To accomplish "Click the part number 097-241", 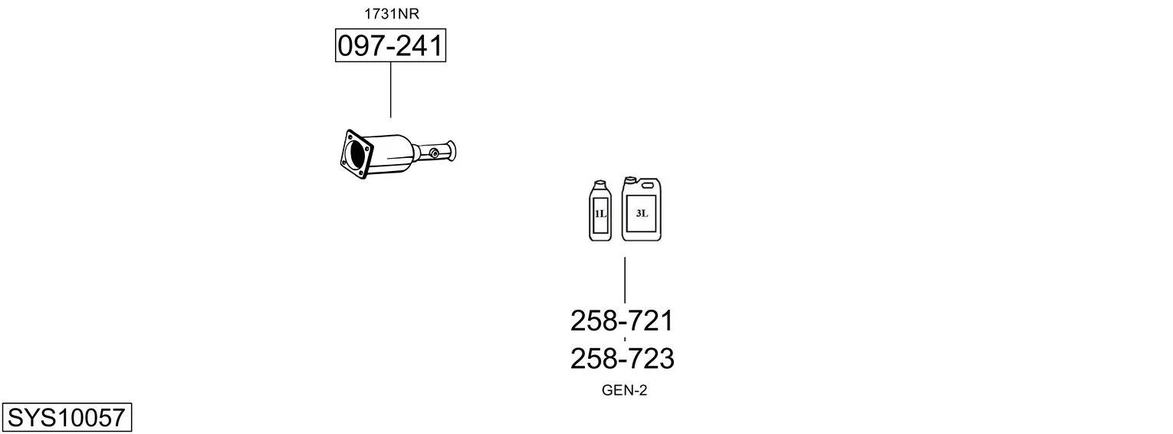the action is pyautogui.click(x=390, y=45).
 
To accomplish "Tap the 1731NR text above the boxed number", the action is pyautogui.click(x=392, y=14).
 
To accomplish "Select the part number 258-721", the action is pyautogui.click(x=622, y=321).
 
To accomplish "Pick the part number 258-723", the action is pyautogui.click(x=622, y=359).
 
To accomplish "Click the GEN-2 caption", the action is pyautogui.click(x=624, y=390).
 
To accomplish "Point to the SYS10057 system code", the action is pyautogui.click(x=67, y=417).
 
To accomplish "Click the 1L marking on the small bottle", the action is pyautogui.click(x=600, y=214).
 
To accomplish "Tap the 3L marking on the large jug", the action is pyautogui.click(x=642, y=214).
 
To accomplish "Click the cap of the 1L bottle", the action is pyautogui.click(x=600, y=184).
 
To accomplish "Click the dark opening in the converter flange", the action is pyautogui.click(x=357, y=154).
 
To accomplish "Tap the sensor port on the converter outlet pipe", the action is pyautogui.click(x=434, y=153).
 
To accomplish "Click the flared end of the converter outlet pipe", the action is pyautogui.click(x=452, y=151).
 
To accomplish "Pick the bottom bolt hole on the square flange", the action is pyautogui.click(x=361, y=173).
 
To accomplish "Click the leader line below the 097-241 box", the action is pyautogui.click(x=391, y=90).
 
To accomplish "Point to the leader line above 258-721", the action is pyautogui.click(x=625, y=280).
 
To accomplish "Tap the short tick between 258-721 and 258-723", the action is pyautogui.click(x=625, y=339).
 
